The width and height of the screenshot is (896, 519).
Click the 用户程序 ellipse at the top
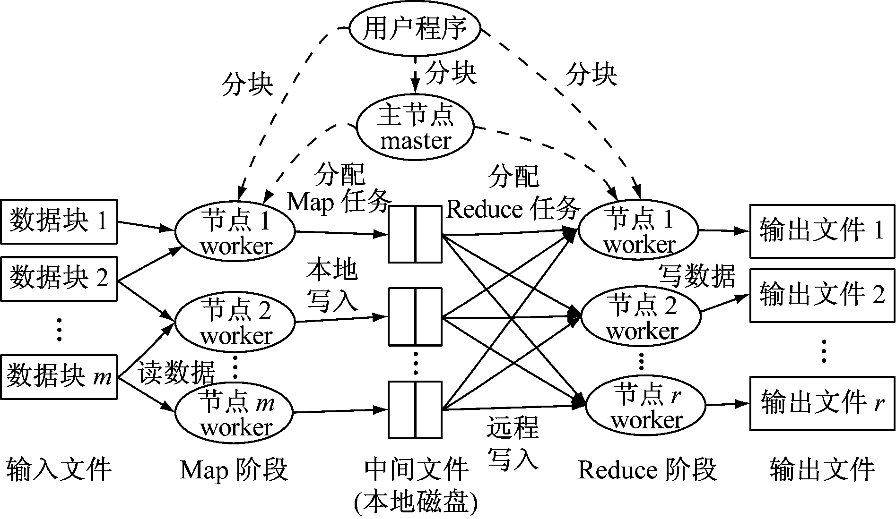415,29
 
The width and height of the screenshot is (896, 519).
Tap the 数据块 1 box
59,221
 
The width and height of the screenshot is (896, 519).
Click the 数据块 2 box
59,279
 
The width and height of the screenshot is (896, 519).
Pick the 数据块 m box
59,378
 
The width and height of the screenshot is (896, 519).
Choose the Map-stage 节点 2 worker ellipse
235,322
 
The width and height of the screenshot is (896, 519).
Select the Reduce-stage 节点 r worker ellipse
645,406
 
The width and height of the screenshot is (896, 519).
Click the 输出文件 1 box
822,231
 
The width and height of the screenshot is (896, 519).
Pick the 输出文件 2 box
822,296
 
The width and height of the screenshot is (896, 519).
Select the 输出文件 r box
822,403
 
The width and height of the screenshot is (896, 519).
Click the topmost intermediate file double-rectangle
415,234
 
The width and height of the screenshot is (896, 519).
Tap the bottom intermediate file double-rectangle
415,410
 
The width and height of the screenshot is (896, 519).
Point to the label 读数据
177,373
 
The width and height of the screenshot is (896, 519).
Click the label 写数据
697,276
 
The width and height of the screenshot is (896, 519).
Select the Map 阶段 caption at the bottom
234,470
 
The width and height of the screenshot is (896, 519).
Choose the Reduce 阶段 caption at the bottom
647,470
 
